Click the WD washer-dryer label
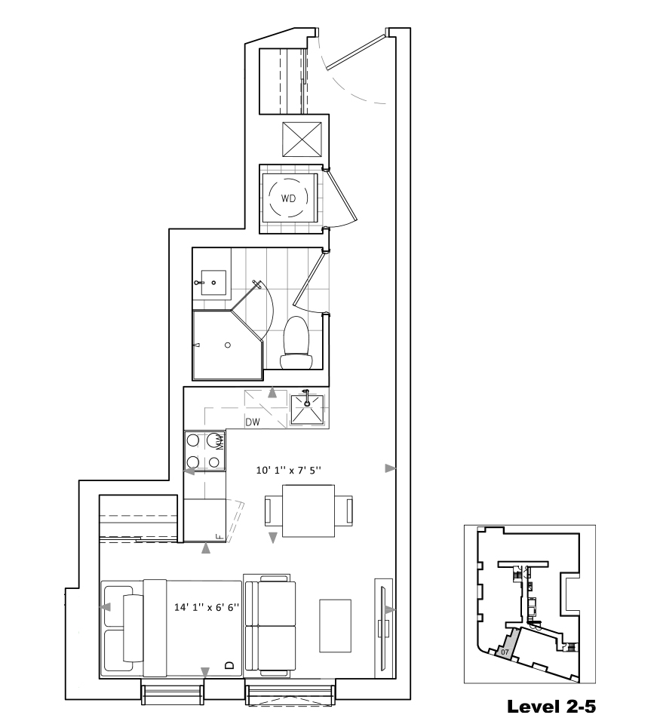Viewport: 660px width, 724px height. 288,198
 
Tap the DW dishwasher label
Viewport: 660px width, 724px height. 253,422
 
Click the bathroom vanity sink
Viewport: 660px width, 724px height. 213,283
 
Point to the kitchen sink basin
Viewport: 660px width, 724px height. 307,409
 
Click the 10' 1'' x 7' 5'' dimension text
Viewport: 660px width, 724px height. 289,470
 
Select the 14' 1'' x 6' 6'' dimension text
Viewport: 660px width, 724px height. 207,607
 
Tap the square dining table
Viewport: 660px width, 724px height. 309,511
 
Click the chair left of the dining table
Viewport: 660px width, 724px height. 273,511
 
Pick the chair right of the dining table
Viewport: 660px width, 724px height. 344,511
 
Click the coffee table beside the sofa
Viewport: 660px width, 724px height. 336,626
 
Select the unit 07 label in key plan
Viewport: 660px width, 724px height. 505,652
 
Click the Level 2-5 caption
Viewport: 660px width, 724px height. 551,707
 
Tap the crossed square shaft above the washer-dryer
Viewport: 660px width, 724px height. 302,140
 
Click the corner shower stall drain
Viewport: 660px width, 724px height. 228,345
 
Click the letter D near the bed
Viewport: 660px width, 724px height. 229,665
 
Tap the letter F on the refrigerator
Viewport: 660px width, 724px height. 219,536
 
